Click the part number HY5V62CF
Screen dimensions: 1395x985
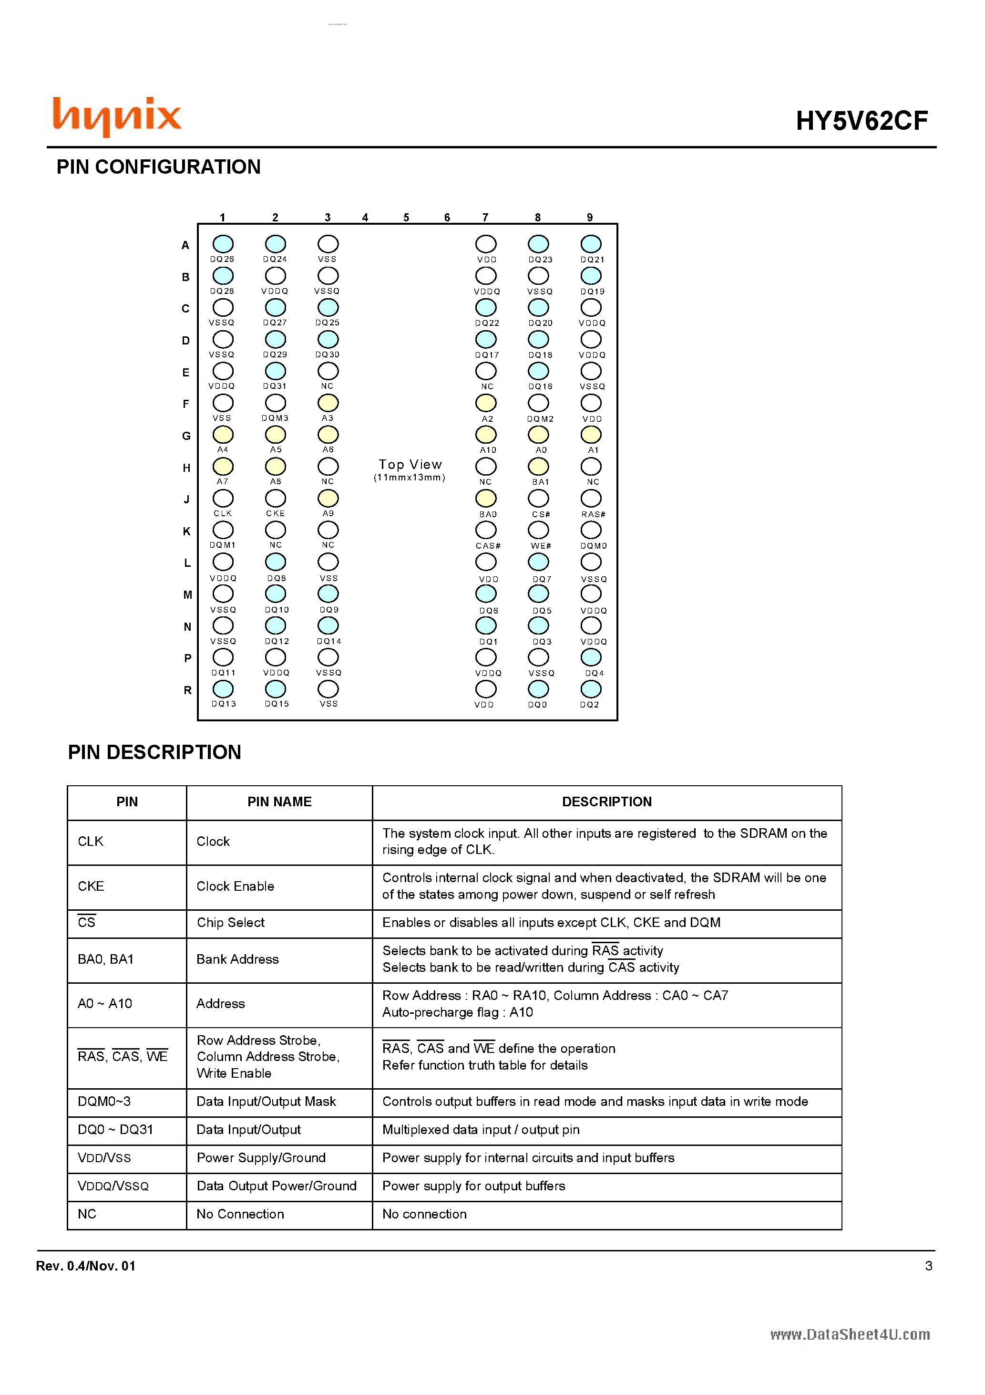[861, 121]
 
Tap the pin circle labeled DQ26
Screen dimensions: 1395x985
[223, 244]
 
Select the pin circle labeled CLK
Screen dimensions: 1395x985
[223, 498]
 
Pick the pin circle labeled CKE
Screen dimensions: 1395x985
[275, 498]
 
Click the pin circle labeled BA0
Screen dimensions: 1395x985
[486, 498]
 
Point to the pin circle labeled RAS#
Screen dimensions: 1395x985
[591, 498]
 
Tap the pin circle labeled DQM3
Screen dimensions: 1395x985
[275, 403]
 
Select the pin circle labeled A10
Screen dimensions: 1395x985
[486, 435]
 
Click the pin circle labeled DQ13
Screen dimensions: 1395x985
[223, 689]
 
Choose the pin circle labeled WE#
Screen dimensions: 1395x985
[538, 530]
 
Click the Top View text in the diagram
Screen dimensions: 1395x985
[410, 465]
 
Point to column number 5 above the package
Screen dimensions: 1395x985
[406, 218]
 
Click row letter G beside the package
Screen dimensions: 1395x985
[186, 436]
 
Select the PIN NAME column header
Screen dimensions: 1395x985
[279, 802]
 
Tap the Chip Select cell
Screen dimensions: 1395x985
[231, 922]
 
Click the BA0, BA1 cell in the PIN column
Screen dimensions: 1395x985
[106, 959]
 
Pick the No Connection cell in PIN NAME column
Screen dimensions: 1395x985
[240, 1214]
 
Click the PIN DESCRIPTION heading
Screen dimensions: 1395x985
[154, 752]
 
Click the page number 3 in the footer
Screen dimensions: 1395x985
[928, 1266]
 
